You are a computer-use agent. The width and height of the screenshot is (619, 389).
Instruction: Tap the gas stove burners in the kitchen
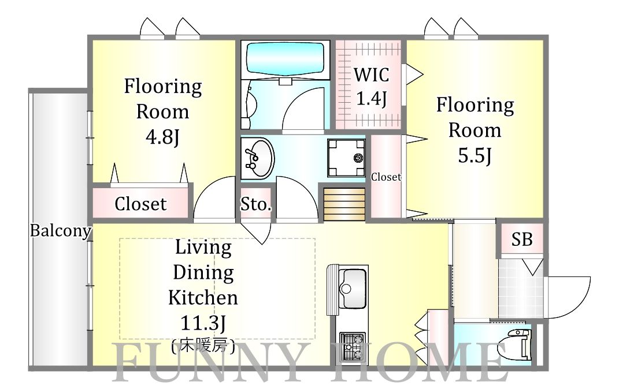tap(351, 345)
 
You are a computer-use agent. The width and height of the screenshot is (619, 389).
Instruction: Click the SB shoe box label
tap(522, 238)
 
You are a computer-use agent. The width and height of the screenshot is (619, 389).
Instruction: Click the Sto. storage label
tap(255, 204)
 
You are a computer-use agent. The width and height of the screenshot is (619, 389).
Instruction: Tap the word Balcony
tap(60, 231)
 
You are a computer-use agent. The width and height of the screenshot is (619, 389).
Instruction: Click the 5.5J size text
tap(475, 155)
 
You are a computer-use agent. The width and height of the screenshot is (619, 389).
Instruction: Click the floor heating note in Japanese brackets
tap(203, 347)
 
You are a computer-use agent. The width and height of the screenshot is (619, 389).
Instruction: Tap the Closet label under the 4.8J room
tap(140, 204)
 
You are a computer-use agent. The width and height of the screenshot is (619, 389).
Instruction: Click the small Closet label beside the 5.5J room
tap(386, 177)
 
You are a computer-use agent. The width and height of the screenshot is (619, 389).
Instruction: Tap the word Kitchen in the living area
tap(203, 298)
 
